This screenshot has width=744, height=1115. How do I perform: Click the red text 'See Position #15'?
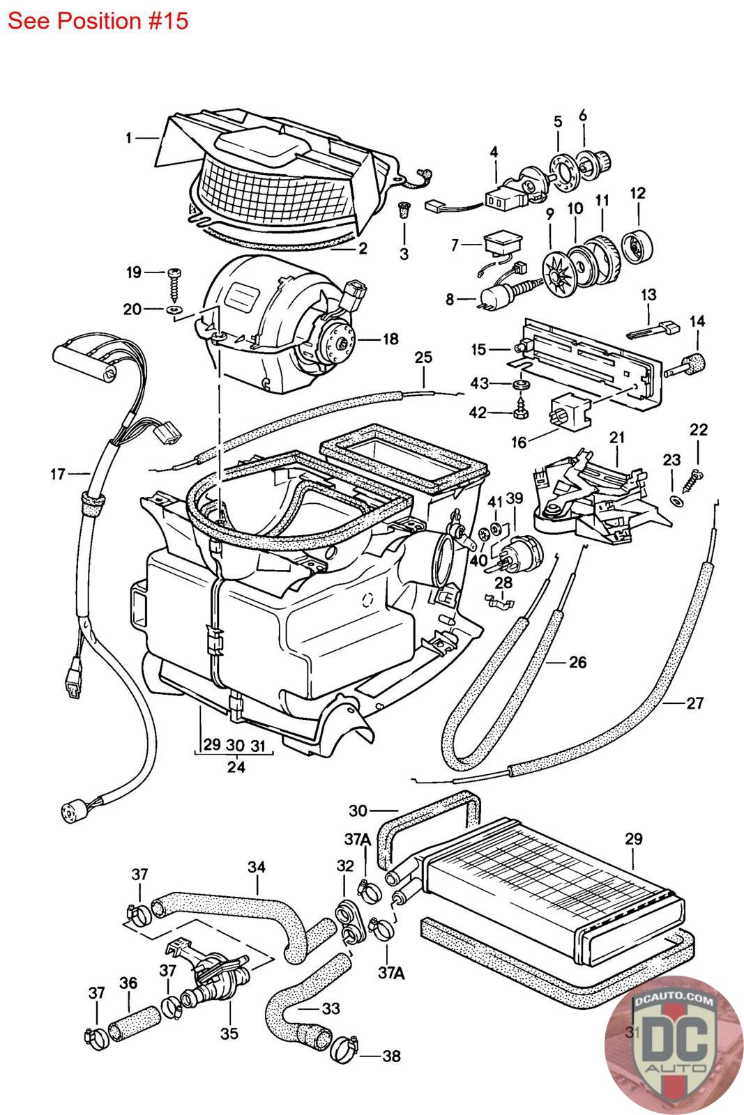point(98,21)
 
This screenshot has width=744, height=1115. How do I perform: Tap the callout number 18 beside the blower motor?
point(390,339)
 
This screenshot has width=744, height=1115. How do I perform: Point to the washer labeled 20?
point(173,307)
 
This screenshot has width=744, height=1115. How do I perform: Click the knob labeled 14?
point(690,364)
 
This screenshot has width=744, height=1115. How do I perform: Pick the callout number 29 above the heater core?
point(633,839)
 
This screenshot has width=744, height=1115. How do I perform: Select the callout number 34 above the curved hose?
point(257,868)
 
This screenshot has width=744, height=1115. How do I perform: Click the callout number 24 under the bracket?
point(236,767)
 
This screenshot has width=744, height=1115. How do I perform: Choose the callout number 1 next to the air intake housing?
point(129,138)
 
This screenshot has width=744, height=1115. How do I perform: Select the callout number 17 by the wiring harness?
point(57,475)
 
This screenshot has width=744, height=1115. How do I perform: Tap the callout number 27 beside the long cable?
point(694,702)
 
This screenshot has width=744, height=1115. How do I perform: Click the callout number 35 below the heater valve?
point(229,1033)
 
